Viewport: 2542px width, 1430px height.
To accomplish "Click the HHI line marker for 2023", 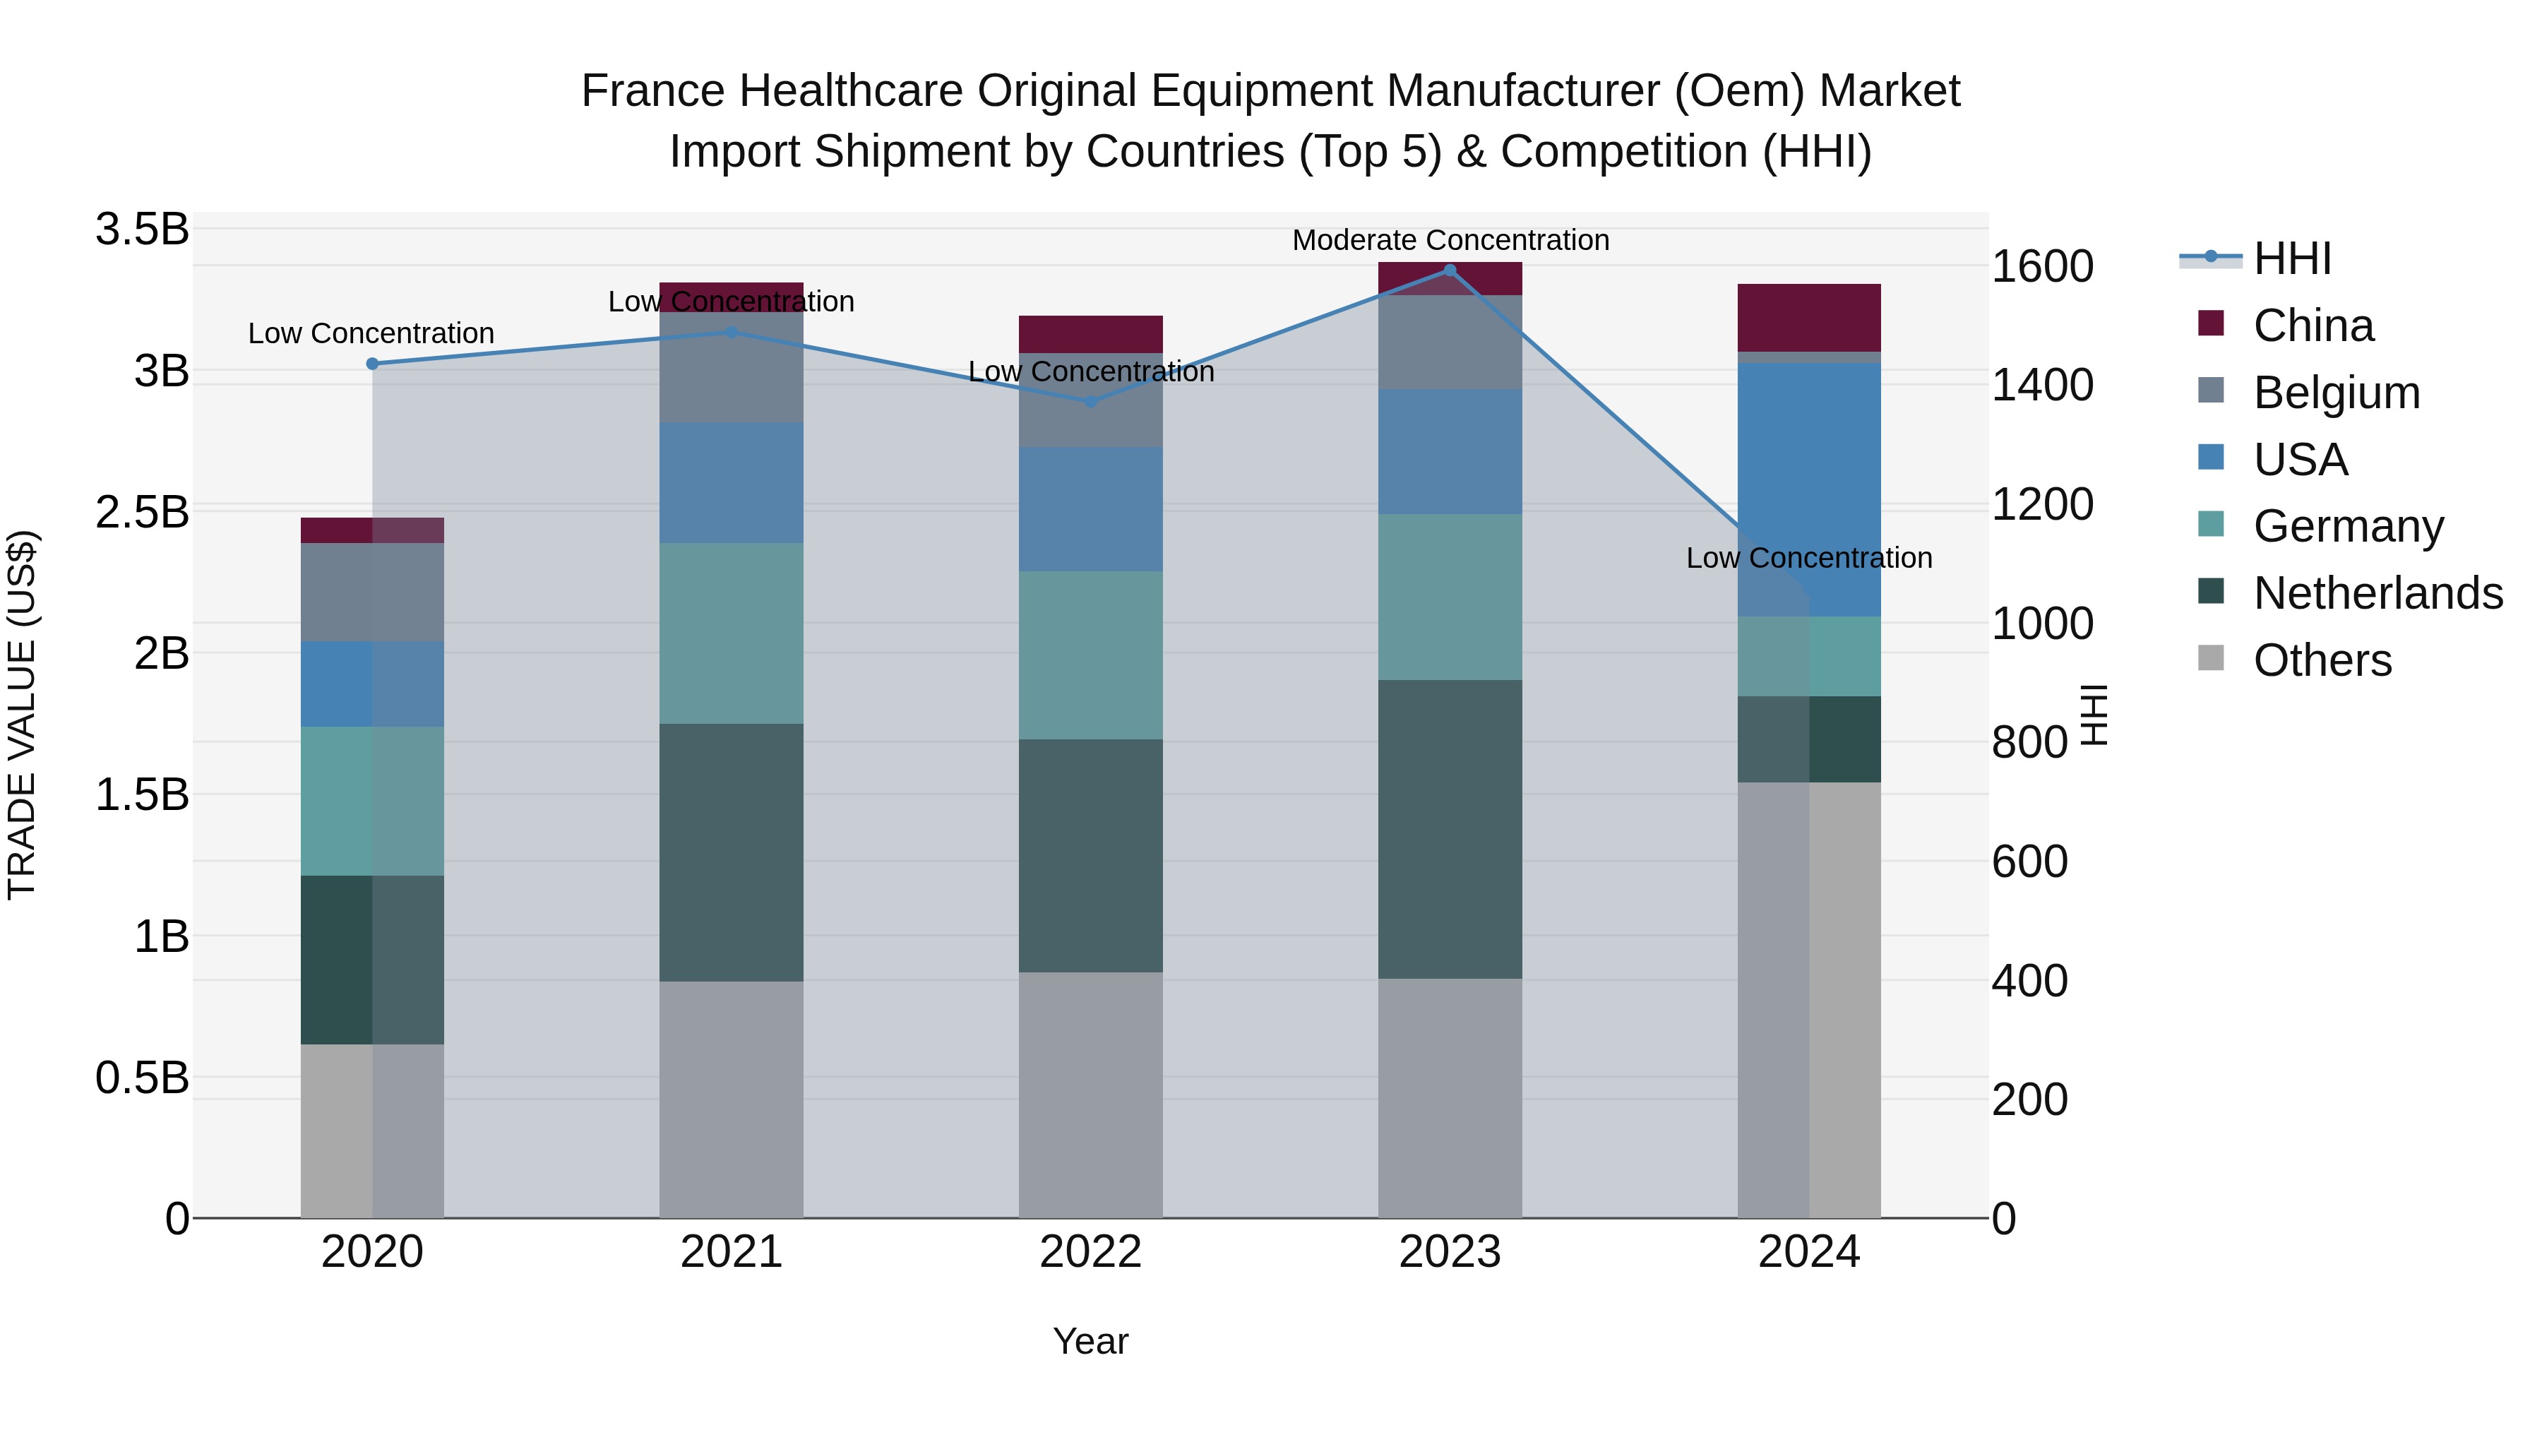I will point(1450,270).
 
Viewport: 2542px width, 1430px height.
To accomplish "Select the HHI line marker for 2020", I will point(372,363).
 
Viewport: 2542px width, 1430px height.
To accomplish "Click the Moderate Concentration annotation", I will point(1450,240).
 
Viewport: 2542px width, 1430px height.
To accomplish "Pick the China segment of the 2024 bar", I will point(1809,317).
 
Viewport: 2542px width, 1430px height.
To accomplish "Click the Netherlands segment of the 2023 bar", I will point(1450,829).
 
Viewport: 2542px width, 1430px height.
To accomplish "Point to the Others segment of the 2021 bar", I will point(732,1098).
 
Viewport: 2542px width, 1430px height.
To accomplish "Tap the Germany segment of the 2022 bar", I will point(1090,655).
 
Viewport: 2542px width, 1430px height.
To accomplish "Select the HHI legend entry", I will point(2291,258).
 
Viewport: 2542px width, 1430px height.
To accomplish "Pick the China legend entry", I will point(2312,326).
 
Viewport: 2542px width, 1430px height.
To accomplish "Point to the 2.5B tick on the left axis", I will point(142,512).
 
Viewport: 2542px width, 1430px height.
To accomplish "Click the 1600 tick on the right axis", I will point(2041,266).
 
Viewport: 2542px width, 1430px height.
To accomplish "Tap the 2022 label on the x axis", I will point(1090,1251).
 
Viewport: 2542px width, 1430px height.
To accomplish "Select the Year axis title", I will point(1090,1341).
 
